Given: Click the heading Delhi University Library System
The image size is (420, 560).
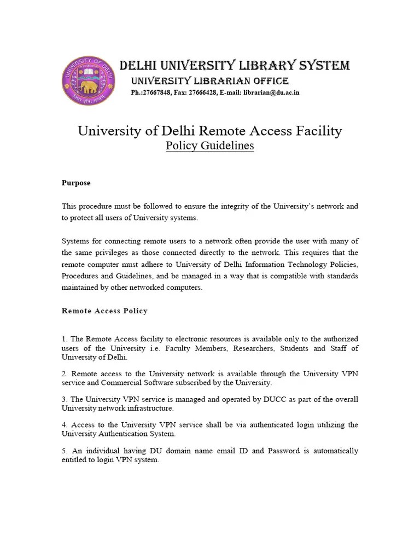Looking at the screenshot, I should [x=234, y=66].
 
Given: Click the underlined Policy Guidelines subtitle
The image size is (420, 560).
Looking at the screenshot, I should [x=210, y=147].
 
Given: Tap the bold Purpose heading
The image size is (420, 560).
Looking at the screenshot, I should [x=76, y=183].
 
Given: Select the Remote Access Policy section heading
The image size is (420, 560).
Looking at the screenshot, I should [x=104, y=311].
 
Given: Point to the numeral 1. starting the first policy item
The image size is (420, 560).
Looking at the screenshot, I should [x=65, y=339].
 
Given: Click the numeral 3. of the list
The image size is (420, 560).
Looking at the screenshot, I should [x=65, y=399].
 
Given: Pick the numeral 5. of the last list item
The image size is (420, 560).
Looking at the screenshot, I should [x=65, y=451].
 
